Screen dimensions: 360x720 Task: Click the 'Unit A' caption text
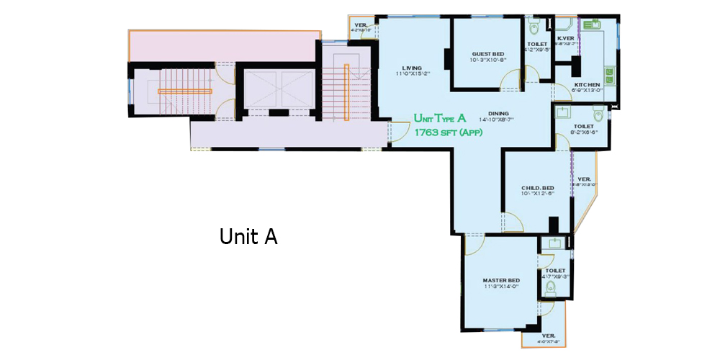248,236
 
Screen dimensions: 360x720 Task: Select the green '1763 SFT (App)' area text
448,132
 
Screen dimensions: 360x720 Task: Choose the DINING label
498,113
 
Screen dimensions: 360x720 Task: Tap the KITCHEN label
586,85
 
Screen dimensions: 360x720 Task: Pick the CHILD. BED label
537,189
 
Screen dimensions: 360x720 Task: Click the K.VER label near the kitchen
566,38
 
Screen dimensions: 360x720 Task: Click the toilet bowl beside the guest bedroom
534,29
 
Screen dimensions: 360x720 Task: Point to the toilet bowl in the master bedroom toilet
551,288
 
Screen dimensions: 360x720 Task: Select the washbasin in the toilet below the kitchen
563,112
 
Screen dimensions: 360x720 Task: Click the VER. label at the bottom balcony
548,336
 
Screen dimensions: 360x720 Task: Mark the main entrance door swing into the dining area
395,130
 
